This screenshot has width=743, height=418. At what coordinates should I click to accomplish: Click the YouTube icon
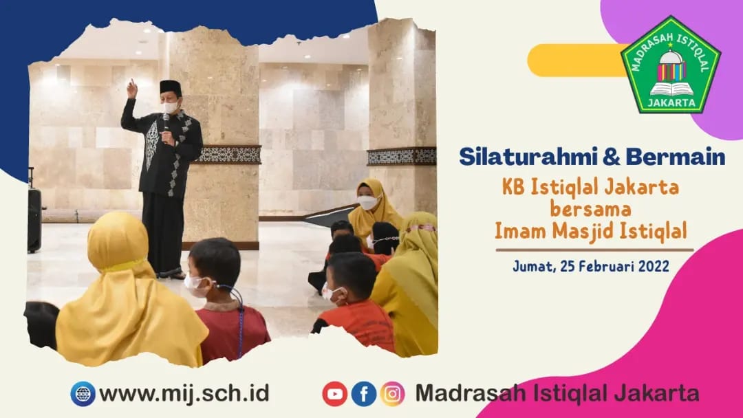point(335,394)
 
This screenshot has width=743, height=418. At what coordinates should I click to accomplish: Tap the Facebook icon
point(364,394)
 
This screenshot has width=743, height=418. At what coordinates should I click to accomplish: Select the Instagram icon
point(392,394)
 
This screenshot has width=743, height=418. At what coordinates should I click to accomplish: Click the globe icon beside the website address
point(83,394)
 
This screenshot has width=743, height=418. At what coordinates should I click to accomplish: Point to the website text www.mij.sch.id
point(184,394)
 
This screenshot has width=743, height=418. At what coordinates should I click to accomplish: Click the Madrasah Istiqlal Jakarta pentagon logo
point(671,65)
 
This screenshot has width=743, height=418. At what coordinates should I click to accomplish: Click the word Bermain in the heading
point(676,157)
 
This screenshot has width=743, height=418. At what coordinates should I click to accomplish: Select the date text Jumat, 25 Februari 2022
point(591,267)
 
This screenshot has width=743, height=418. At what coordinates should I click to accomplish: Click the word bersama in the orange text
point(590,209)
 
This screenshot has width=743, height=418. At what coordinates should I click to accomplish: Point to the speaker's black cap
point(171,87)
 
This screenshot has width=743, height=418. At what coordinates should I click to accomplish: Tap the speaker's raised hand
point(131,89)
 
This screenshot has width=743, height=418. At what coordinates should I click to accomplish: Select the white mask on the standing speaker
point(170,107)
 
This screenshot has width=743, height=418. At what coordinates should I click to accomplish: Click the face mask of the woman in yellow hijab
point(367,202)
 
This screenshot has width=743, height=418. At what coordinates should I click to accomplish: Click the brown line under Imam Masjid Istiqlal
point(594,250)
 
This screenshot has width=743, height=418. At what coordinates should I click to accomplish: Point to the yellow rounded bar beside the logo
point(578,60)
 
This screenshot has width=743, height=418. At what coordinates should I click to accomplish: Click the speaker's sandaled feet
point(171,274)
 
